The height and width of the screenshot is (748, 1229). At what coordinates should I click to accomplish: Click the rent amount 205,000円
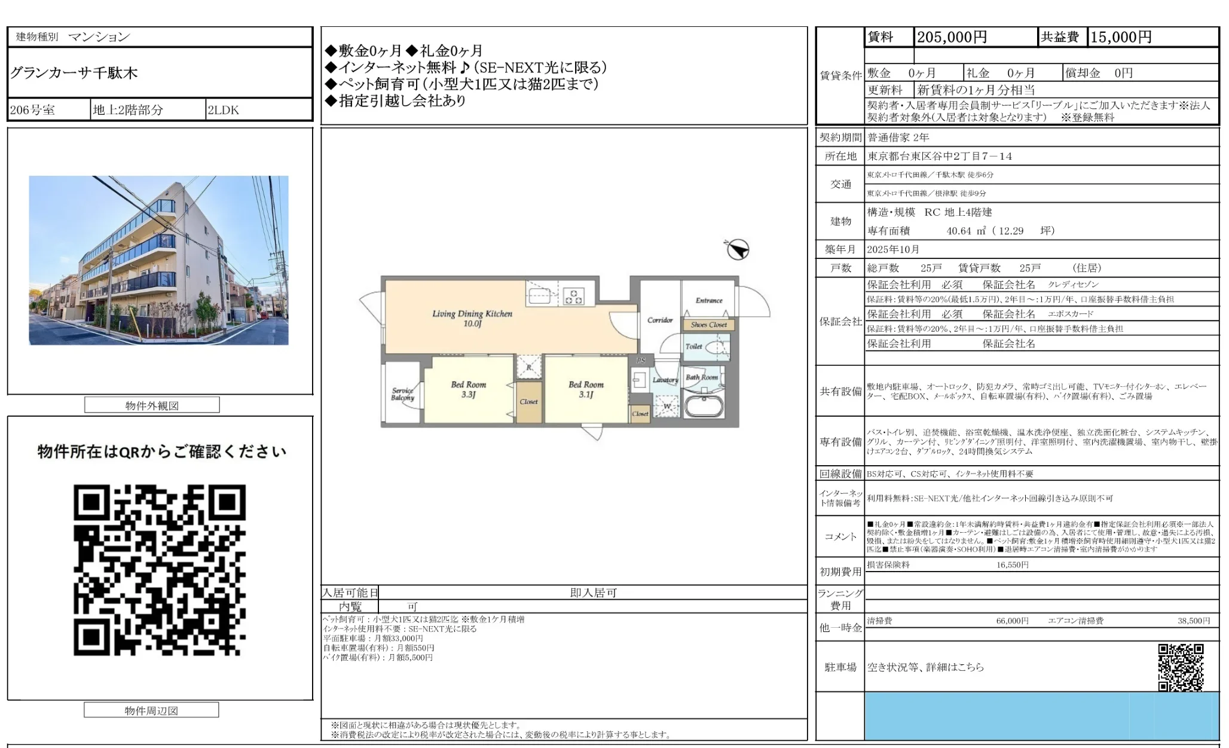pos(952,37)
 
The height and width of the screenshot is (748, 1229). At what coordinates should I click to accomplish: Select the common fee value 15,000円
pos(1121,37)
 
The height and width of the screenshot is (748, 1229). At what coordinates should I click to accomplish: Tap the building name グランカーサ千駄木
pos(74,73)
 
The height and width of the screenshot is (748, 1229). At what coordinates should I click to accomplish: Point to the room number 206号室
pos(32,110)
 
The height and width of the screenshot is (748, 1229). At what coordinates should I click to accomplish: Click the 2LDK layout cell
pos(223,110)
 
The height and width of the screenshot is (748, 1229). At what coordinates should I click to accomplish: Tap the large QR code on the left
pos(160,570)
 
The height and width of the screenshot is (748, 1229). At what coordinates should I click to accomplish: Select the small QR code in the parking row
pos(1181,667)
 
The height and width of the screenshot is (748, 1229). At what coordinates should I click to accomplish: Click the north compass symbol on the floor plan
pos(738,249)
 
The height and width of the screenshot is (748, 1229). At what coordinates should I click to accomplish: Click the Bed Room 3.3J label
pos(468,389)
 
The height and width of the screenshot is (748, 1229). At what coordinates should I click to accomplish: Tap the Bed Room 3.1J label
pos(586,389)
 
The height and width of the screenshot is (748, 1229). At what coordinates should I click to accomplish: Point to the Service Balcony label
pos(402,394)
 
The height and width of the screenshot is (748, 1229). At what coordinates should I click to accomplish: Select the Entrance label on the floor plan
pos(709,301)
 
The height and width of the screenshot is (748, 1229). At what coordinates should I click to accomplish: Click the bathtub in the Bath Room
pos(704,405)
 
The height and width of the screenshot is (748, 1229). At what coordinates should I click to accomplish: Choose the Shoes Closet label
pos(709,325)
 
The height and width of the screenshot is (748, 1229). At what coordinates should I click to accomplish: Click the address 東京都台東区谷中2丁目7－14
pos(940,156)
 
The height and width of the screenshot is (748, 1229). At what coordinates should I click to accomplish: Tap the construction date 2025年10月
pos(893,249)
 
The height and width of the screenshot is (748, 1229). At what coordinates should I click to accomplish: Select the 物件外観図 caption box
pos(152,405)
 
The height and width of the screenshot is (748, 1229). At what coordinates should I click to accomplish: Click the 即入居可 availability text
pos(593,593)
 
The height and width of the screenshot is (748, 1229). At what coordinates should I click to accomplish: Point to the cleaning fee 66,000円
pos(1012,621)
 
